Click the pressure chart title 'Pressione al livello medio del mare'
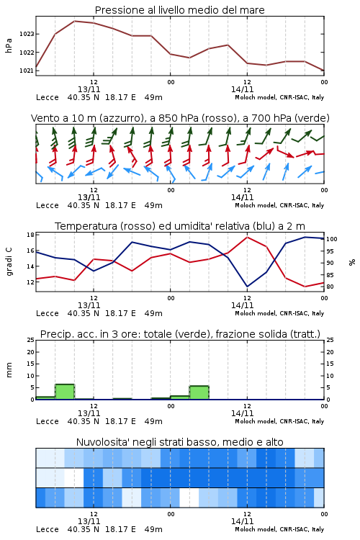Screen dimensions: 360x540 click(179, 10)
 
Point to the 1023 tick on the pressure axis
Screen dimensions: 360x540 click(26, 34)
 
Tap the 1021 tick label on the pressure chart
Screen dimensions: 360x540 click(26, 71)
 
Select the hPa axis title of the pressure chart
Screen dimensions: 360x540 click(9, 45)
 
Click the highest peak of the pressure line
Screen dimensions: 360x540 click(74, 21)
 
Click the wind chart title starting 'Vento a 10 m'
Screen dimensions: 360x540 click(180, 118)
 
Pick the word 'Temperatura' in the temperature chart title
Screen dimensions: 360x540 click(86, 226)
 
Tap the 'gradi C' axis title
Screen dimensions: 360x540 click(9, 261)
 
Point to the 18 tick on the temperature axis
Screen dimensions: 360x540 click(30, 235)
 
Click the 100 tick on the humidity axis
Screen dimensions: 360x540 click(332, 239)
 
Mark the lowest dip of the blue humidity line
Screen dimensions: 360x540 click(248, 287)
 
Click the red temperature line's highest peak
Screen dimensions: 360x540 click(248, 237)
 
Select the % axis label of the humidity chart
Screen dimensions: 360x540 click(352, 262)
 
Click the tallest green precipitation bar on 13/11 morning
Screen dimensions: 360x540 click(65, 392)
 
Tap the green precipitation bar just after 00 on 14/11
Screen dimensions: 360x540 click(180, 397)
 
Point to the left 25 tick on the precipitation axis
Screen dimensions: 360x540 click(30, 340)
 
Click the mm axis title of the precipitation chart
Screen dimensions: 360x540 click(9, 370)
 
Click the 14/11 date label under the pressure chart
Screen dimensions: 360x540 click(242, 89)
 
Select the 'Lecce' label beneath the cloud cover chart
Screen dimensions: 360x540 click(48, 529)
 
